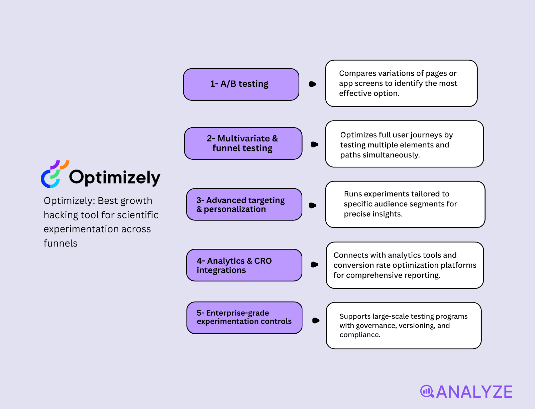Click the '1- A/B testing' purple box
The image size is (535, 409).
click(x=241, y=84)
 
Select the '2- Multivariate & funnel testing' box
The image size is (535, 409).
click(x=243, y=143)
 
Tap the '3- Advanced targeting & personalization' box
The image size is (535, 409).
click(x=244, y=204)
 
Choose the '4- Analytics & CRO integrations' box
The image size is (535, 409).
click(x=244, y=265)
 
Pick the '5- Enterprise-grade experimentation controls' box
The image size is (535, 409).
click(x=244, y=318)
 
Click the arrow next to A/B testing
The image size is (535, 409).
click(x=313, y=84)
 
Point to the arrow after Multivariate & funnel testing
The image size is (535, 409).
click(x=314, y=144)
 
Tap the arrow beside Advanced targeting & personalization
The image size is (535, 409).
click(x=313, y=205)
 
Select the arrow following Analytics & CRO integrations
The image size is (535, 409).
click(x=314, y=265)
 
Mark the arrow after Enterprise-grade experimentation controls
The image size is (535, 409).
click(x=316, y=321)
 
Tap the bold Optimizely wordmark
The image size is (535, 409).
click(x=115, y=178)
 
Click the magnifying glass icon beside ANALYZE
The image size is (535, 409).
click(x=427, y=391)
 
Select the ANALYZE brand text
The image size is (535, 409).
click(x=474, y=392)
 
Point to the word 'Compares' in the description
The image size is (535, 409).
click(x=355, y=73)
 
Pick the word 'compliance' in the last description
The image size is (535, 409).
click(x=359, y=335)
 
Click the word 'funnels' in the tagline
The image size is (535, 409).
click(x=61, y=243)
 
